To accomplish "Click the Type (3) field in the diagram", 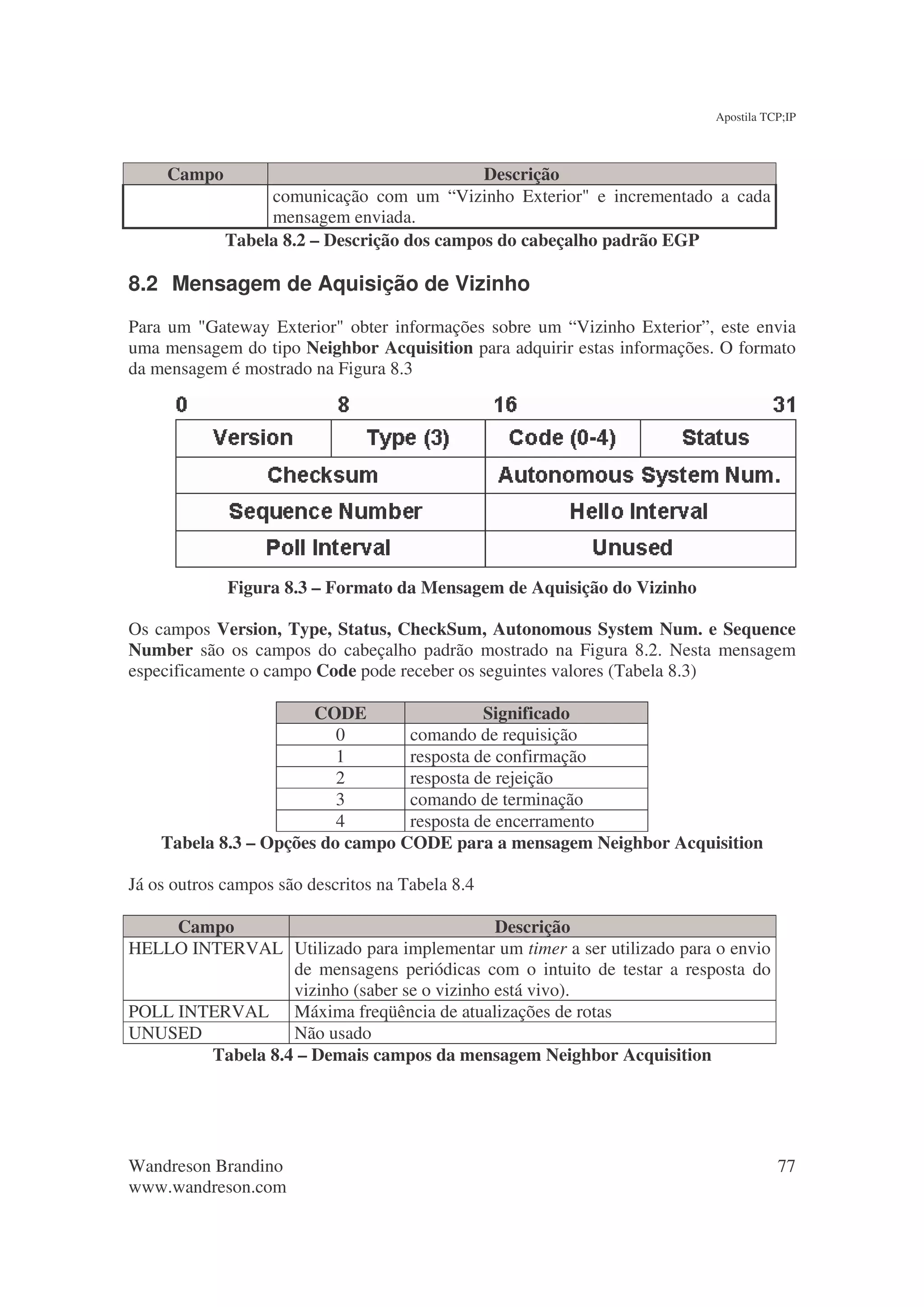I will [x=407, y=438].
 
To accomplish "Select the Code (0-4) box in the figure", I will [x=562, y=438].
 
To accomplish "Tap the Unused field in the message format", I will [x=632, y=548].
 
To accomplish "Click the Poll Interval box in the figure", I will [x=328, y=548].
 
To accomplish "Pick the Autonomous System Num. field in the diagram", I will [x=639, y=475].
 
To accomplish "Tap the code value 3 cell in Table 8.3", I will [x=340, y=799].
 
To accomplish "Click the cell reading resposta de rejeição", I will [x=481, y=778].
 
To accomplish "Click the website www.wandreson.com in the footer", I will [x=207, y=1187].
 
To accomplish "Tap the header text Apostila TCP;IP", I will [x=755, y=117].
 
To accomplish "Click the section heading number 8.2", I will [x=143, y=284].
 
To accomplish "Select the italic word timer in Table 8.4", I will [x=547, y=948].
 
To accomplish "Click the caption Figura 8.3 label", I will [x=268, y=588].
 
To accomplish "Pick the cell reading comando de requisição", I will [x=493, y=735].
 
